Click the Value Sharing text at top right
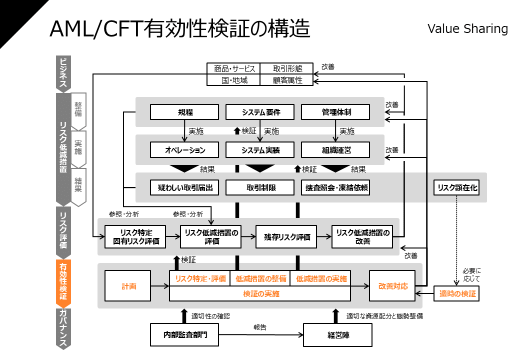click(467, 28)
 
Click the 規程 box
click(185, 112)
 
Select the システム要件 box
click(260, 112)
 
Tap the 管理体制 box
click(335, 112)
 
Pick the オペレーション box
click(185, 150)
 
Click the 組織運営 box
click(335, 150)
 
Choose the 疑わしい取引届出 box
click(185, 187)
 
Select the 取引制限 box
click(260, 187)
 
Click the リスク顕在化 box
click(456, 187)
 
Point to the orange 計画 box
click(128, 286)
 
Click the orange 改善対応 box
click(392, 286)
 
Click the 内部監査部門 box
click(185, 335)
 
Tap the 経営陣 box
click(338, 335)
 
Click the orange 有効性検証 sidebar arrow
click(63, 282)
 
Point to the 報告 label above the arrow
click(260, 327)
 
